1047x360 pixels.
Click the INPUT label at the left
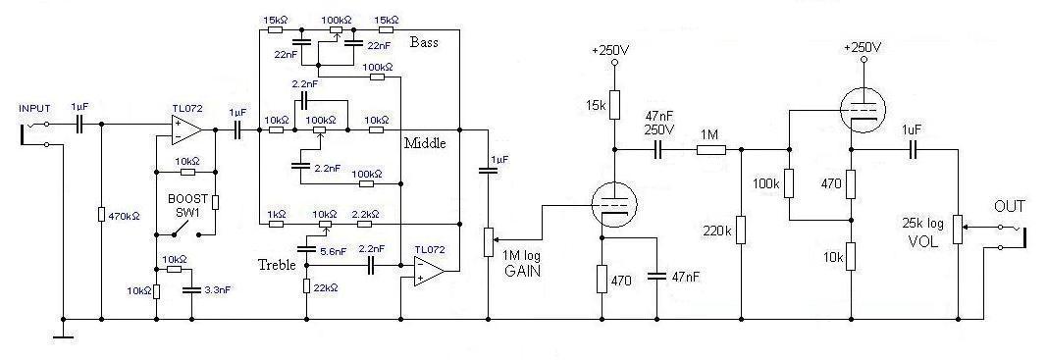34,108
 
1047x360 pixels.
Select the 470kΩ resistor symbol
101,214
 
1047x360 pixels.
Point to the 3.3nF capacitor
191,290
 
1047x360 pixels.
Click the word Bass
424,43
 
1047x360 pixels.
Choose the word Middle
425,143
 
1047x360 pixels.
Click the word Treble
277,265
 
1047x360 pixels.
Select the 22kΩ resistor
306,285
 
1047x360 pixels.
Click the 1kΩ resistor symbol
276,224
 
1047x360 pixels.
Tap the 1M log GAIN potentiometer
490,241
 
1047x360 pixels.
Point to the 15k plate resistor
615,105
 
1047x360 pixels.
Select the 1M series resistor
711,150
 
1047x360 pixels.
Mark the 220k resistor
741,230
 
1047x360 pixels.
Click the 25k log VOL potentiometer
958,230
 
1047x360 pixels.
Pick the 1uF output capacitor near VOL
916,150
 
